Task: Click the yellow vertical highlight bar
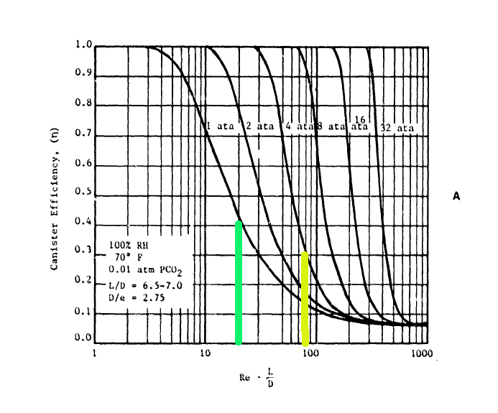pyautogui.click(x=305, y=298)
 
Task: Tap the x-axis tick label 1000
pyautogui.click(x=420, y=353)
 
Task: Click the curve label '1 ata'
pyautogui.click(x=220, y=126)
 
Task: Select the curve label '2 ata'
pyautogui.click(x=259, y=126)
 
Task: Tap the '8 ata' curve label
pyautogui.click(x=331, y=126)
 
